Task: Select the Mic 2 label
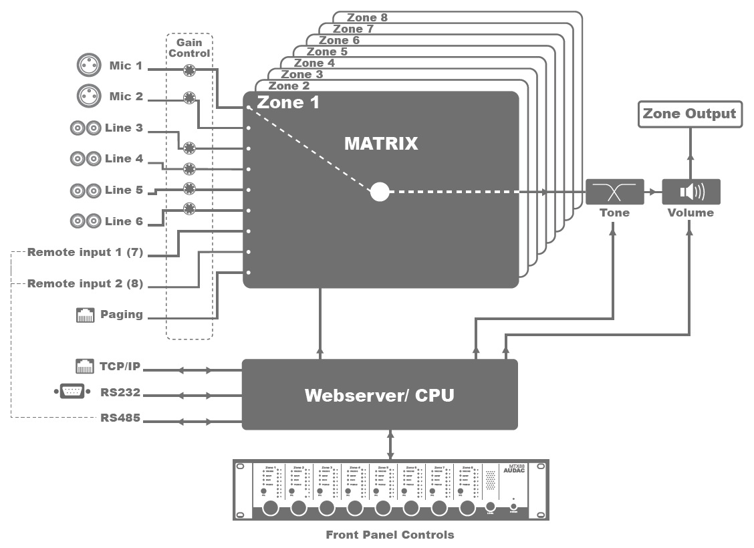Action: click(126, 97)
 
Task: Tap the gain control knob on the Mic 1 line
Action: click(189, 70)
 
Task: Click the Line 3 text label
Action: click(124, 128)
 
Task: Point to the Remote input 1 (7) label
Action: click(85, 253)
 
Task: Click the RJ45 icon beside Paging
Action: click(85, 315)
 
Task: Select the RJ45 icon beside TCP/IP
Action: click(85, 366)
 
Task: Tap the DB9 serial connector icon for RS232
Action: click(72, 392)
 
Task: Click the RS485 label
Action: click(120, 419)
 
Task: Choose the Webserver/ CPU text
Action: click(379, 395)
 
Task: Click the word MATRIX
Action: click(381, 143)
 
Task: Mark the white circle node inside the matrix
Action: click(380, 192)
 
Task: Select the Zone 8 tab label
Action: click(367, 17)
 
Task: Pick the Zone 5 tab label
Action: click(327, 51)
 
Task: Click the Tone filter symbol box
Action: click(614, 192)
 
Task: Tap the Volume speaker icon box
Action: click(690, 192)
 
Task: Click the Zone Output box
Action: click(689, 114)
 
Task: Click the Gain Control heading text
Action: click(189, 48)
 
